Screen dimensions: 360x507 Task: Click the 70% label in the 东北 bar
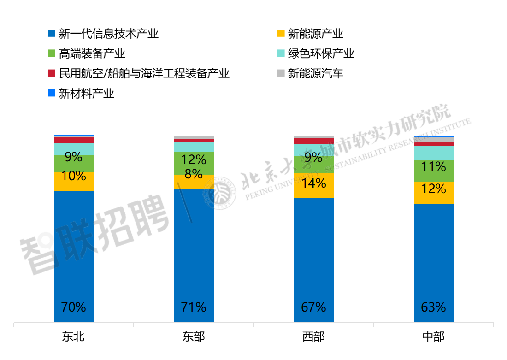(74, 307)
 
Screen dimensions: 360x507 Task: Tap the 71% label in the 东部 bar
(194, 307)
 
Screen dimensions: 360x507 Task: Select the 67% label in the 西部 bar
(313, 307)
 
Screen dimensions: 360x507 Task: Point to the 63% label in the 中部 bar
(433, 307)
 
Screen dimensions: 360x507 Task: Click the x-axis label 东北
(74, 337)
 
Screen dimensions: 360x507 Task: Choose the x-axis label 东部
(194, 337)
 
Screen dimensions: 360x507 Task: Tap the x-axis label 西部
(313, 337)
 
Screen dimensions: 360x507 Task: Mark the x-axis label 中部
(433, 337)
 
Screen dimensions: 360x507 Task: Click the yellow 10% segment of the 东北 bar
(74, 181)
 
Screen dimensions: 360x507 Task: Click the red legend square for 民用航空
(52, 74)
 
